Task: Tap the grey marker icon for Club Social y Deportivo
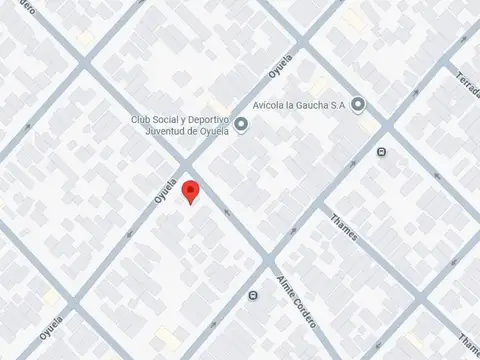point(240,124)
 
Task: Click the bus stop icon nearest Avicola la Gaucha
point(380,152)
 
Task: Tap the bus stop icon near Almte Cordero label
point(253,295)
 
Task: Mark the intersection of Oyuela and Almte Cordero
point(187,163)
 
